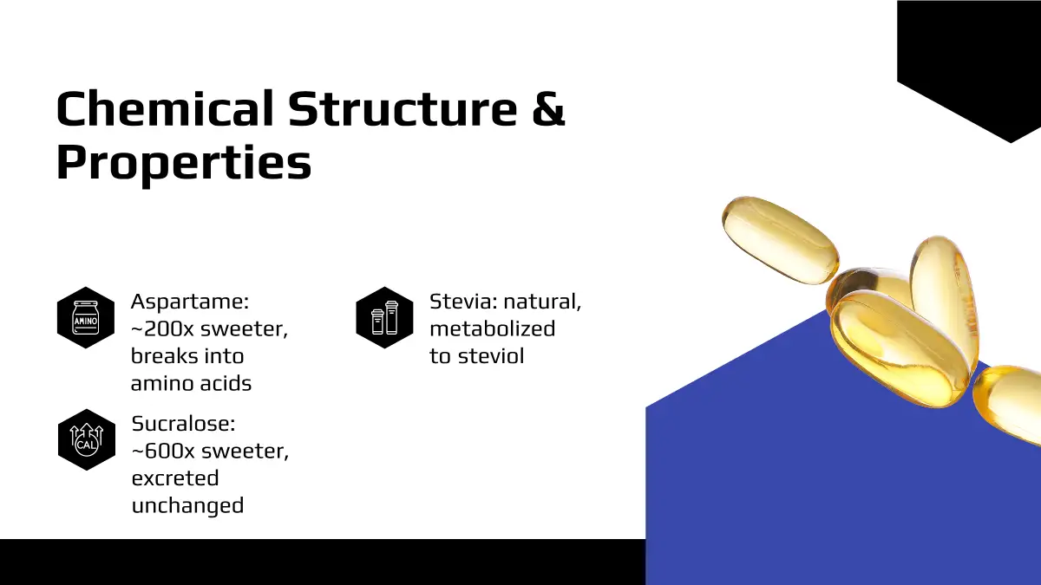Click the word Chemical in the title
click(165, 108)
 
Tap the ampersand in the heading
click(548, 108)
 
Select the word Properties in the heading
click(184, 163)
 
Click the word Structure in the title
click(403, 108)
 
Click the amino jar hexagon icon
click(86, 317)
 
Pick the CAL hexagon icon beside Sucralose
click(87, 439)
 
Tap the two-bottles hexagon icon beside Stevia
click(385, 317)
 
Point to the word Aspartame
click(190, 302)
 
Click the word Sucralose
click(184, 424)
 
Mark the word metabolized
click(493, 328)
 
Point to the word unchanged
click(187, 505)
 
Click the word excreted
click(175, 478)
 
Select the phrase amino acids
click(191, 383)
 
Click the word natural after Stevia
click(542, 302)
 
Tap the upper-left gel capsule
click(781, 239)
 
